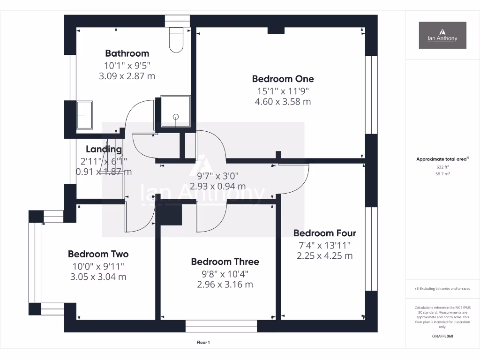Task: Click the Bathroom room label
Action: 127,53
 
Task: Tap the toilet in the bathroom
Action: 176,40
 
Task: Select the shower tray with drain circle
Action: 175,112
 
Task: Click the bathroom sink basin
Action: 85,114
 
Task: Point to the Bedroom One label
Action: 283,79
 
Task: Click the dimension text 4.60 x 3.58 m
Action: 283,101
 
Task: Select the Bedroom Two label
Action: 98,254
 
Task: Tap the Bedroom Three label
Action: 225,262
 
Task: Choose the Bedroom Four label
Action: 324,233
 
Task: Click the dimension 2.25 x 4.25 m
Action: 324,255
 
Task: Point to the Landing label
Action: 104,150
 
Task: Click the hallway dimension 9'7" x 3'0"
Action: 217,176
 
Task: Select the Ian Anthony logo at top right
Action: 442,35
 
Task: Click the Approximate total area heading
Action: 442,159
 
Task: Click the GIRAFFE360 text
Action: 442,336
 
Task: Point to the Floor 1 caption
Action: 203,343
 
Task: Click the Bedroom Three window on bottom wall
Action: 221,326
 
